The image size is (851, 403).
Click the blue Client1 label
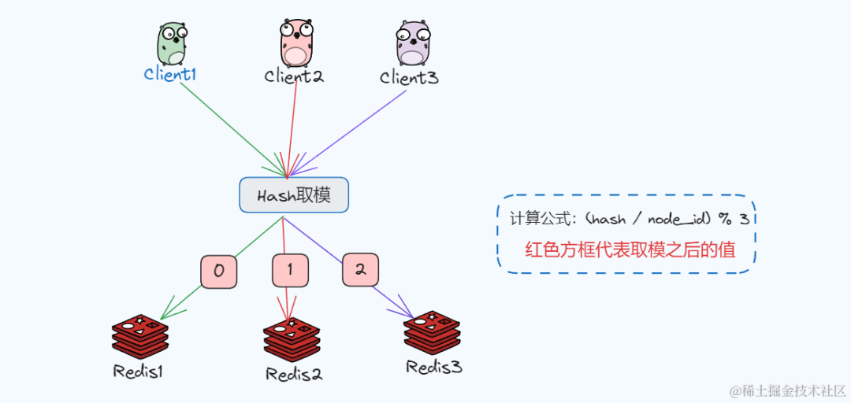(169, 75)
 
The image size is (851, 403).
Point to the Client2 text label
(294, 76)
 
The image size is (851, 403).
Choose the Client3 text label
(409, 77)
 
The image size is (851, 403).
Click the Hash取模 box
(294, 195)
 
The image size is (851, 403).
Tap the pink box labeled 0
(218, 271)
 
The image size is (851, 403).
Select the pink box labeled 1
(290, 270)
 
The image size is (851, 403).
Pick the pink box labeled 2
(360, 269)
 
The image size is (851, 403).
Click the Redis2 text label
(293, 374)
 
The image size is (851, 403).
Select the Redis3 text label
(433, 367)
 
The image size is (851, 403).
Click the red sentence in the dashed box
(630, 250)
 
